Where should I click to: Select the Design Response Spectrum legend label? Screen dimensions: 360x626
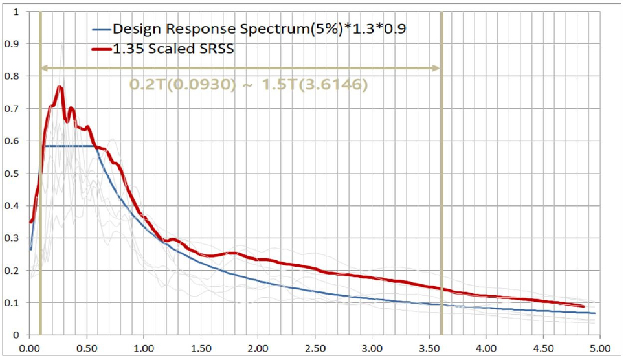pos(258,29)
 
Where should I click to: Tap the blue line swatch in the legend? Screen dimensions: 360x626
pos(101,30)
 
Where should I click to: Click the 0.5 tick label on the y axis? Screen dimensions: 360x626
pos(12,174)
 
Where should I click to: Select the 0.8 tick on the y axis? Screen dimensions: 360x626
pos(12,76)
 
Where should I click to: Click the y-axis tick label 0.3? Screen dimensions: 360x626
pos(12,238)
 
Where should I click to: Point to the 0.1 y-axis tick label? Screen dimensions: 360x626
pos(12,303)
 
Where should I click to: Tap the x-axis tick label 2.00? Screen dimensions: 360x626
pos(258,348)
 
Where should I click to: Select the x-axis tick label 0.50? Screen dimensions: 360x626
pos(86,348)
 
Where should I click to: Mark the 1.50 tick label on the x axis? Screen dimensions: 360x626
pos(201,348)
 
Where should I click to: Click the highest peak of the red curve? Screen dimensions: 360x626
pos(60,86)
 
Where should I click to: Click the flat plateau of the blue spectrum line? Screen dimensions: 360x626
pos(71,146)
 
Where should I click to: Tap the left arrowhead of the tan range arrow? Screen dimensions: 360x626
pos(43,67)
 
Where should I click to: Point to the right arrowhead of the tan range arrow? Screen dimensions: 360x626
pos(438,67)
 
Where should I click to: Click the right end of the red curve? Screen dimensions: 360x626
pos(584,306)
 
